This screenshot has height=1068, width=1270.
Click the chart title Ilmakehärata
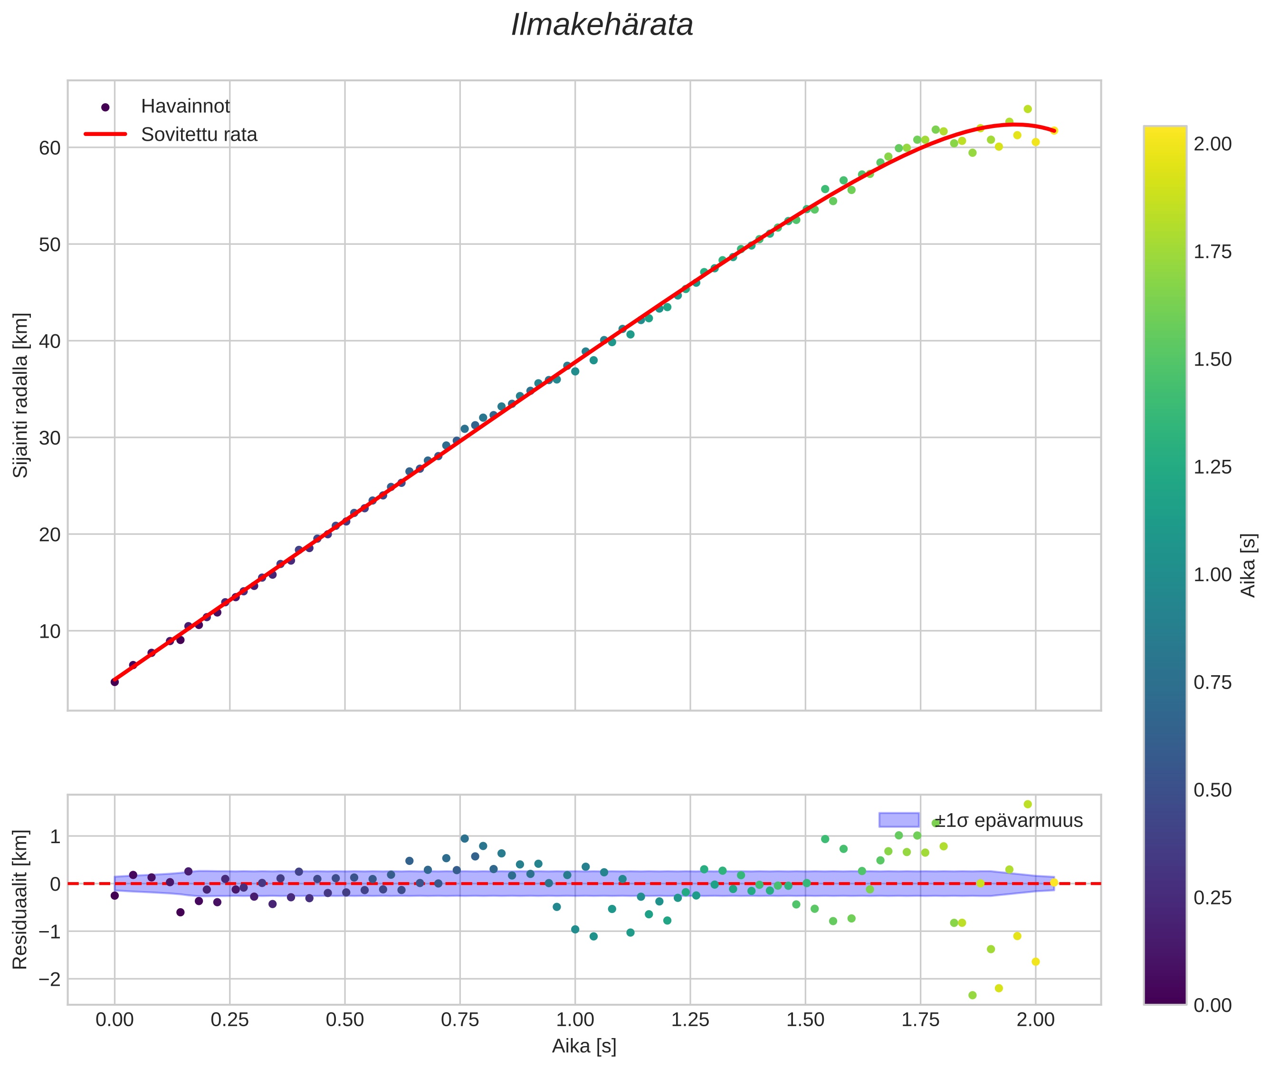[x=602, y=25]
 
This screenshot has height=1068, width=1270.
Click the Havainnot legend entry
[x=185, y=107]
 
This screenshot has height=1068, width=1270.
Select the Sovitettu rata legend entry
[x=199, y=135]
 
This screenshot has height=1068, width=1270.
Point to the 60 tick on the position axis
[x=49, y=148]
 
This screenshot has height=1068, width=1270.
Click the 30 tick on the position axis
[x=49, y=438]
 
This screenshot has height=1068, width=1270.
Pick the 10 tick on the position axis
[x=49, y=631]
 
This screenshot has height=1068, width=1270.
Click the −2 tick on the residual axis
[x=47, y=979]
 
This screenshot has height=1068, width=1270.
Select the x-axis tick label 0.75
[x=460, y=1020]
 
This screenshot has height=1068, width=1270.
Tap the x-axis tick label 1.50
[x=805, y=1020]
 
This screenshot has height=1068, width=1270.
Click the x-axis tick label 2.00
[x=1035, y=1020]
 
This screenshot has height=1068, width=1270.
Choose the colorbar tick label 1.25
[x=1212, y=467]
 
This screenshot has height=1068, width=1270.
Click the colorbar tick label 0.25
[x=1212, y=897]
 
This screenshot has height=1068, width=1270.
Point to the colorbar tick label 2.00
[x=1212, y=144]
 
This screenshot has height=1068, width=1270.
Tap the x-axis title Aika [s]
[x=584, y=1046]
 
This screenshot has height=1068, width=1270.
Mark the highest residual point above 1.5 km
[x=1027, y=804]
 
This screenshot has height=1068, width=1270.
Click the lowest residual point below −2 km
[x=972, y=995]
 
